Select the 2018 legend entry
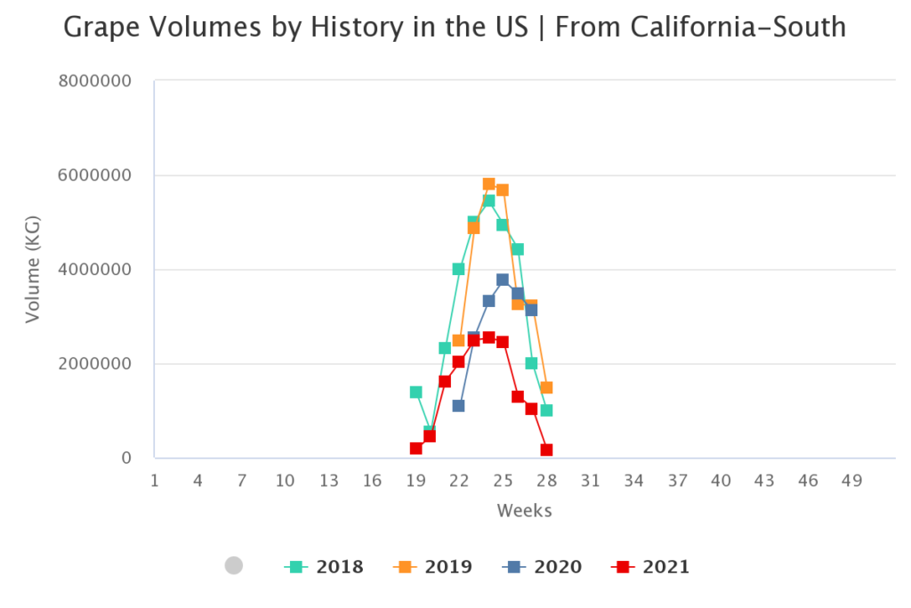(x=324, y=567)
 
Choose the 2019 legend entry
(x=433, y=567)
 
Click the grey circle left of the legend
(x=234, y=565)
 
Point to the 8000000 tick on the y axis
(x=93, y=81)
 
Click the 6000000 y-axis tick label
(x=93, y=175)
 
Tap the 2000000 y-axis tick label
(x=93, y=364)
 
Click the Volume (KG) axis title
(x=32, y=270)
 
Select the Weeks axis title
(x=524, y=511)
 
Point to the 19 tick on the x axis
(x=415, y=481)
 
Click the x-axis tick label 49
(x=851, y=481)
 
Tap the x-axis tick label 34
(x=633, y=481)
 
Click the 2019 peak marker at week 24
(x=488, y=184)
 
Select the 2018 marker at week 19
(x=415, y=392)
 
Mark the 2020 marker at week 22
(x=459, y=406)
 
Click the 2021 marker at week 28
(x=546, y=450)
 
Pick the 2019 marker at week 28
(x=546, y=387)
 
